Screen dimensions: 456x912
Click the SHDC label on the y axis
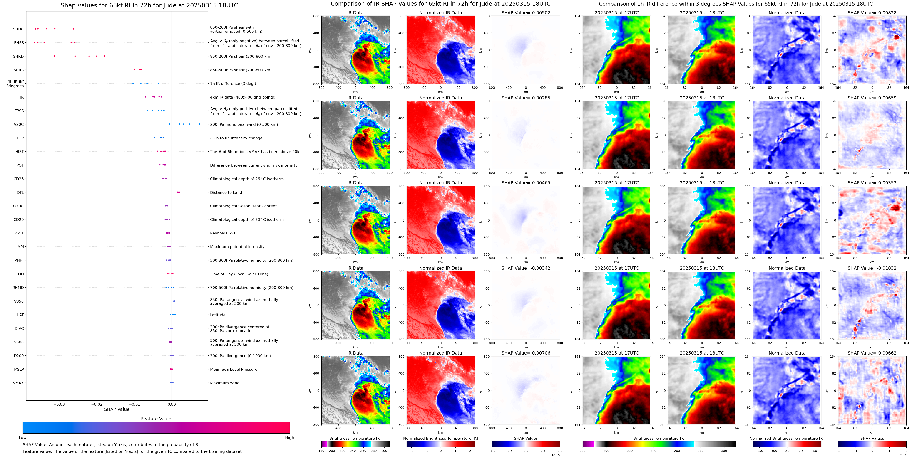click(18, 29)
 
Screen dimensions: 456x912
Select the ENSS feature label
click(19, 43)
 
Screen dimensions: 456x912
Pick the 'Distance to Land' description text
click(226, 193)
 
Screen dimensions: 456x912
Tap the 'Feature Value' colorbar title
click(156, 419)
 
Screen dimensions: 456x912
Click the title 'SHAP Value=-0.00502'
click(526, 13)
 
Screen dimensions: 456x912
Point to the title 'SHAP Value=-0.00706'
click(526, 353)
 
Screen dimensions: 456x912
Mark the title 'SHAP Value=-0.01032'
click(872, 268)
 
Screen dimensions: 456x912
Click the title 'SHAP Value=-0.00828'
click(872, 13)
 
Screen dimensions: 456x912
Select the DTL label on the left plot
click(20, 193)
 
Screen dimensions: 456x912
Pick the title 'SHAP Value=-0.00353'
click(872, 183)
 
